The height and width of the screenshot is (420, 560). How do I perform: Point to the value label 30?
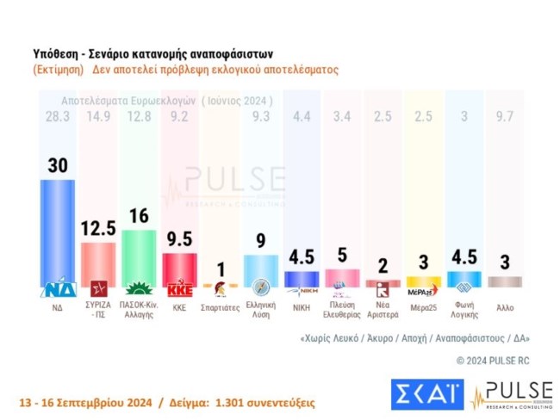pos(58,167)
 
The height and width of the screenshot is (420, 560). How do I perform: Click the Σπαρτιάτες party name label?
pos(220,306)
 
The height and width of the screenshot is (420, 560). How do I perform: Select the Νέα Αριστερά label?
pos(382,310)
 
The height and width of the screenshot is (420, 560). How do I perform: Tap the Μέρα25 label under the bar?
pos(422,306)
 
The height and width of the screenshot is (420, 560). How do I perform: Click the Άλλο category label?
pos(503,306)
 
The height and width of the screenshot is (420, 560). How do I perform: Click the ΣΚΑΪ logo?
pos(426,394)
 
